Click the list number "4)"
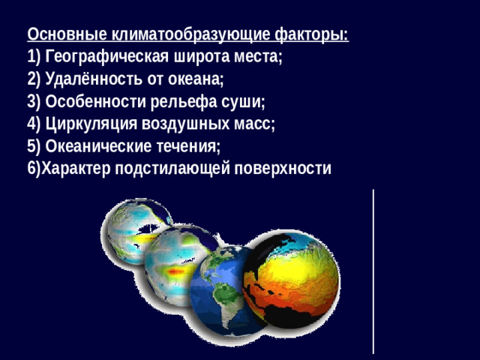[33, 124]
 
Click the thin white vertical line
[373, 270]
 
